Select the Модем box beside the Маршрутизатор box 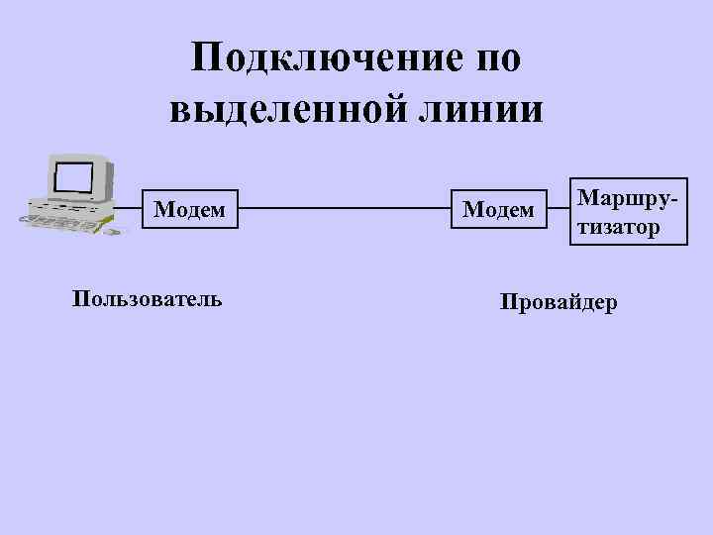click(x=498, y=210)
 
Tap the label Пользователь click(x=147, y=297)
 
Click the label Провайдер click(x=558, y=301)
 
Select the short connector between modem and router click(x=559, y=210)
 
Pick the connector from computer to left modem click(x=127, y=210)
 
